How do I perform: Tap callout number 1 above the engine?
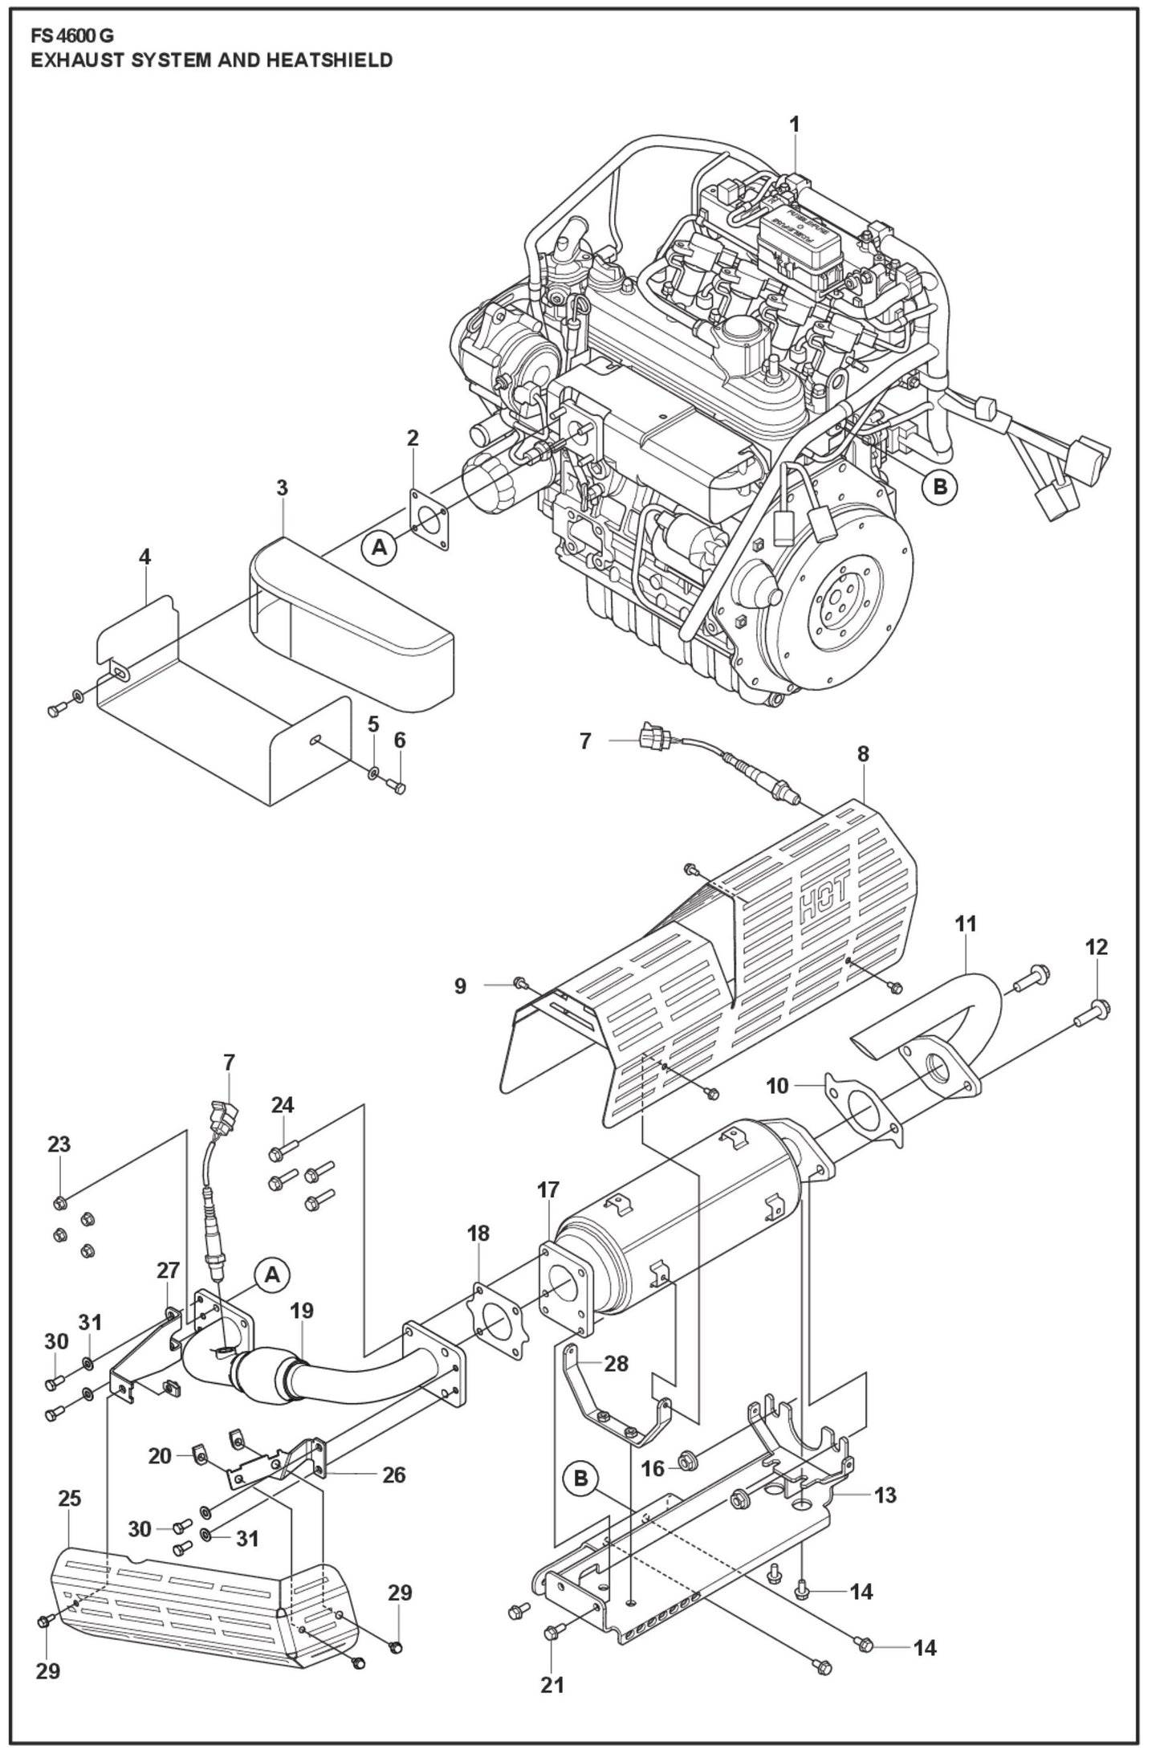[794, 124]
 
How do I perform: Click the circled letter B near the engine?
[939, 486]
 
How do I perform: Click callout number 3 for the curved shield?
[282, 487]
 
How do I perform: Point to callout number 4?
[144, 557]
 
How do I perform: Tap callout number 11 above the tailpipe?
[966, 924]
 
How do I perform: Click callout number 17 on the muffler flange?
[547, 1189]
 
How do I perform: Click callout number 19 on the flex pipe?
[302, 1311]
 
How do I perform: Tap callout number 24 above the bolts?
[282, 1105]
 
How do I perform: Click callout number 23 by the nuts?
[59, 1144]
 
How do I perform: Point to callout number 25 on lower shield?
[70, 1499]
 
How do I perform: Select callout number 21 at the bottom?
[552, 1684]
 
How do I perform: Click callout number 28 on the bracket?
[616, 1363]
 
